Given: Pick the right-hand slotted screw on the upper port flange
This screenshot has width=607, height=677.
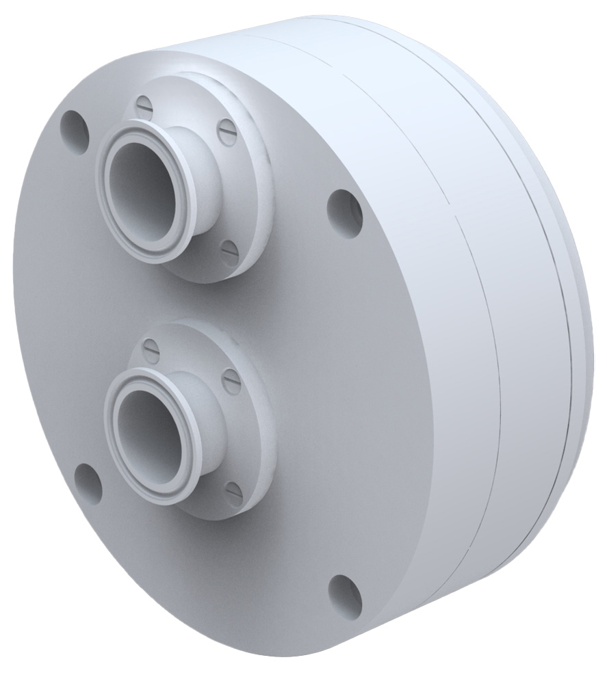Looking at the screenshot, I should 227,132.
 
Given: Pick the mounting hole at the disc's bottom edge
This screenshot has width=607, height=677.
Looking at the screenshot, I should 344,592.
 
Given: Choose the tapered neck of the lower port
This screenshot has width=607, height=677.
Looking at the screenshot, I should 205,410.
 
